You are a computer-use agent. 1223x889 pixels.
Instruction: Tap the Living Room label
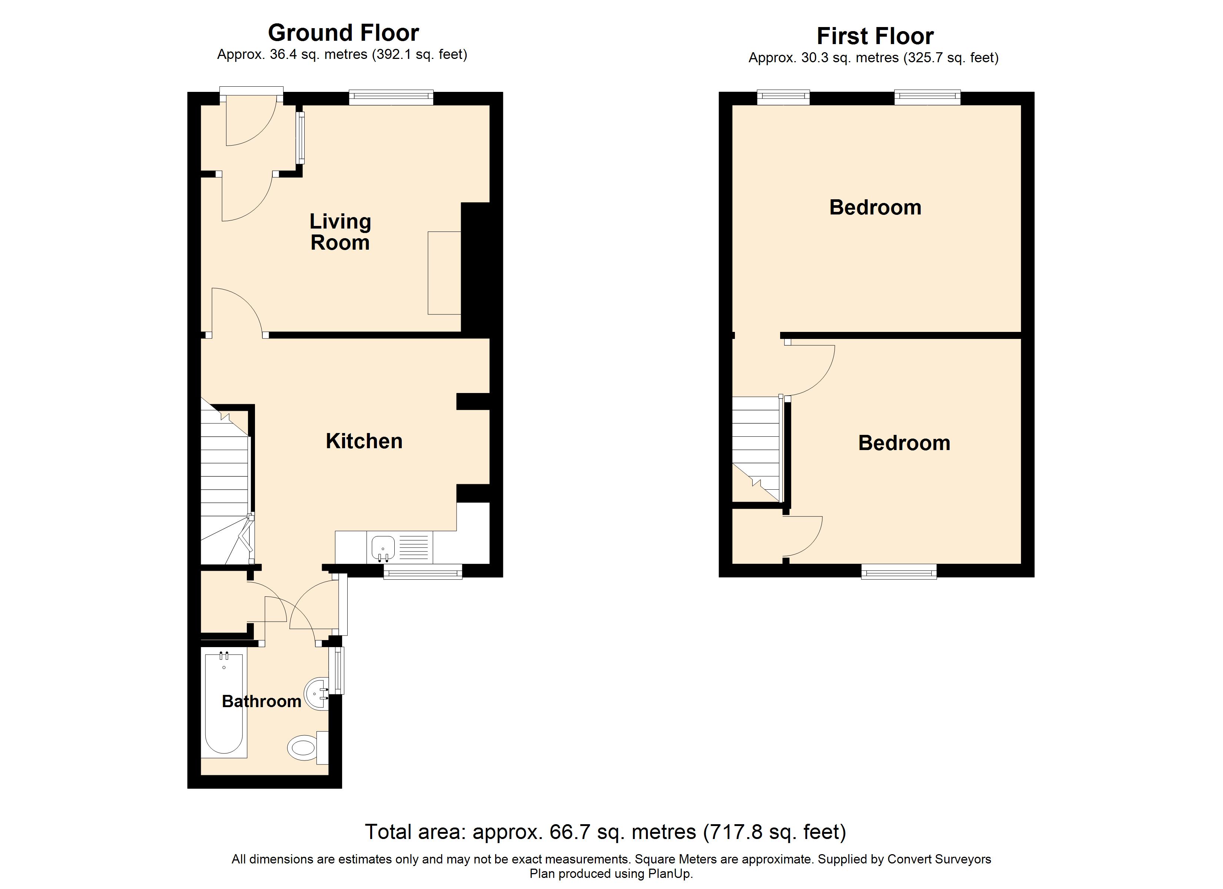click(x=340, y=232)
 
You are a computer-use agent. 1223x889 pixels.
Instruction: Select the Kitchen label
click(x=364, y=441)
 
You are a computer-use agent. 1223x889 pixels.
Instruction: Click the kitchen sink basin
click(x=383, y=548)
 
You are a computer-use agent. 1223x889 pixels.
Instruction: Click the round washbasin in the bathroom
click(x=317, y=694)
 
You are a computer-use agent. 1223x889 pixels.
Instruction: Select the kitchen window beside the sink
click(x=423, y=572)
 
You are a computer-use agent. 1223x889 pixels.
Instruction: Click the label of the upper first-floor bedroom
click(x=875, y=207)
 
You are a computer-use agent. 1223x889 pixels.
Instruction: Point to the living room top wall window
click(x=391, y=97)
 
